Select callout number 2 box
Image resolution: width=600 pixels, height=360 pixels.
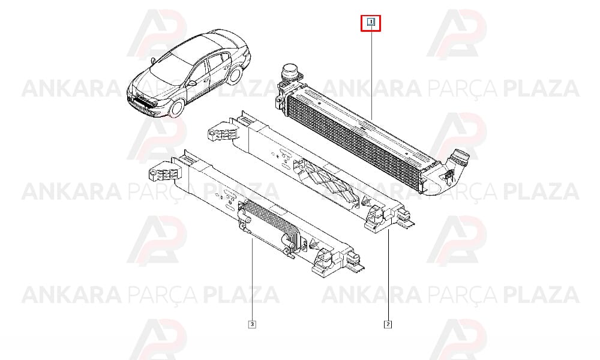click(x=388, y=325)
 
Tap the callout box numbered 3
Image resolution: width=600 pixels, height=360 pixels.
click(x=252, y=325)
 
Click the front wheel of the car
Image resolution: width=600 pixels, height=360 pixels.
click(x=177, y=108)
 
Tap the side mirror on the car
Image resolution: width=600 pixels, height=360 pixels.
click(x=192, y=83)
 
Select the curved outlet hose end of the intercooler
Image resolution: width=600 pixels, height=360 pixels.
click(x=455, y=164)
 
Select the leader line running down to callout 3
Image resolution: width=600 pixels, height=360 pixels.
click(x=252, y=280)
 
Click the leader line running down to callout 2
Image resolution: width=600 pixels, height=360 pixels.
click(x=388, y=275)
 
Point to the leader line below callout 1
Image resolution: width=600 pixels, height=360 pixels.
click(x=371, y=73)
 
